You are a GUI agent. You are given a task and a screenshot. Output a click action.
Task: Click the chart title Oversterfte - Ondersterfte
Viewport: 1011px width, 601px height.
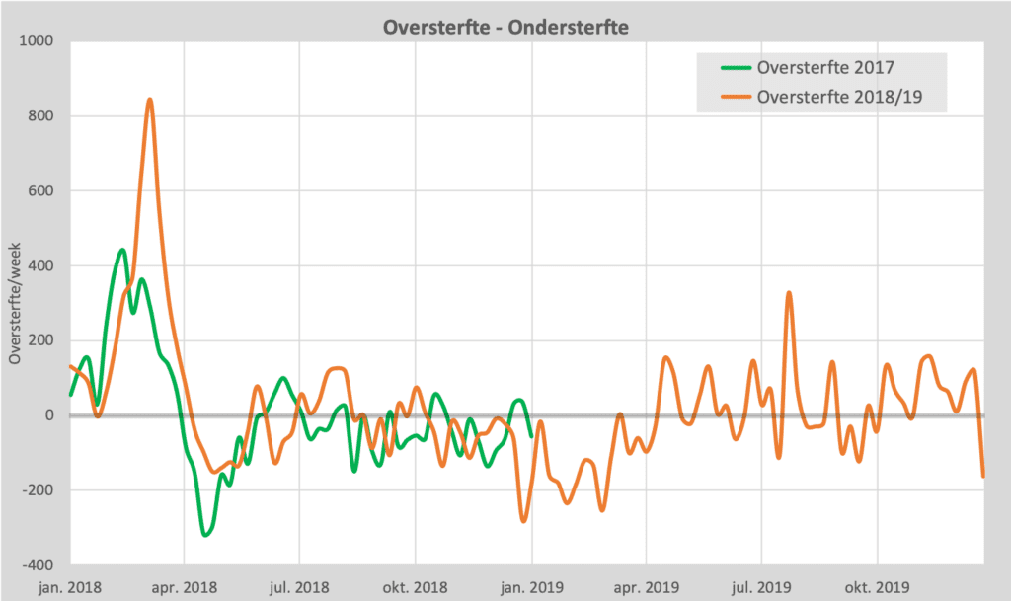[x=505, y=27]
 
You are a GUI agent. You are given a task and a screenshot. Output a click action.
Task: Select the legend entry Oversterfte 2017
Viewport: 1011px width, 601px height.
[x=825, y=67]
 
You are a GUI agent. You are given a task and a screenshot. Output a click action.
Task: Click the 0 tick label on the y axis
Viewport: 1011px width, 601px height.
[x=47, y=415]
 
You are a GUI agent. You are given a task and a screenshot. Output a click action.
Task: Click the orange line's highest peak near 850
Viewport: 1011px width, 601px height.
[x=149, y=100]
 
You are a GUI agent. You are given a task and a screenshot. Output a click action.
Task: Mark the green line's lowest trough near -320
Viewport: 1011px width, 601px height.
[x=205, y=535]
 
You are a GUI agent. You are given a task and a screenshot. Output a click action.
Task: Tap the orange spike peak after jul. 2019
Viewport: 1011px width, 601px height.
[x=789, y=293]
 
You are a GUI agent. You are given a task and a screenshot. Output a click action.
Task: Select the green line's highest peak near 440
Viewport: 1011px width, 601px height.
[x=122, y=250]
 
